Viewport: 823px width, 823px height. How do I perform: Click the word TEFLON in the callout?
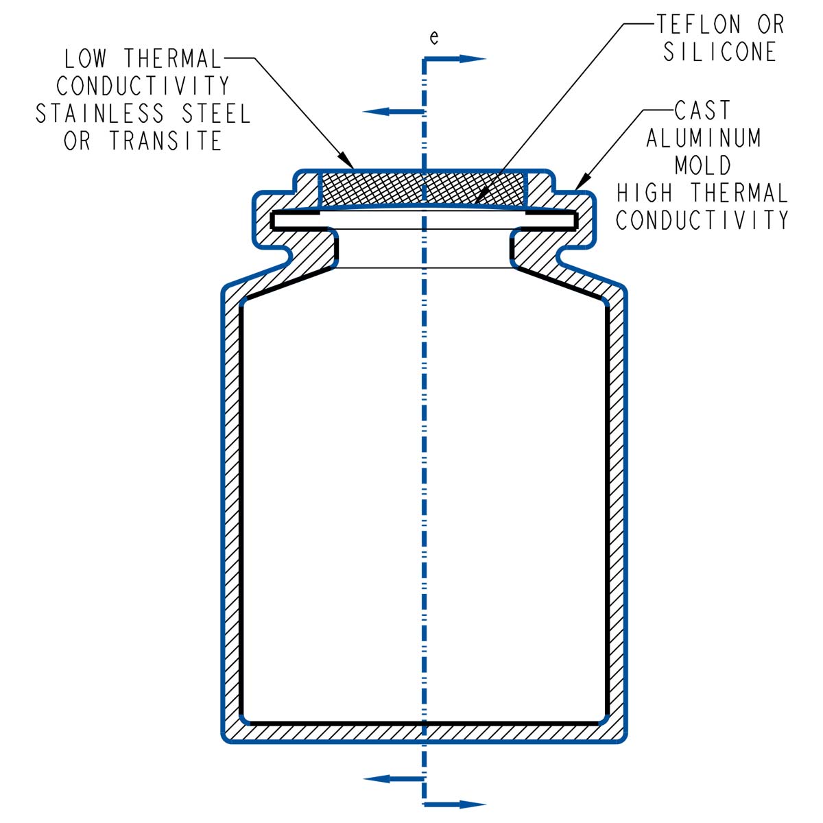pyautogui.click(x=698, y=25)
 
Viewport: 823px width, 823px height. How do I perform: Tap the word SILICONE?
pyautogui.click(x=719, y=52)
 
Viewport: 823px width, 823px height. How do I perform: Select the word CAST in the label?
pyautogui.click(x=702, y=110)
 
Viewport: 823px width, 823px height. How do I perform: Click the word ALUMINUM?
pyautogui.click(x=704, y=138)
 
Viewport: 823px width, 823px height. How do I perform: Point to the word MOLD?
pyautogui.click(x=703, y=165)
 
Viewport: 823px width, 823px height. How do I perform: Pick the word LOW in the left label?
pyautogui.click(x=87, y=59)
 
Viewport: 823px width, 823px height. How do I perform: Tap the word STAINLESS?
pyautogui.click(x=100, y=113)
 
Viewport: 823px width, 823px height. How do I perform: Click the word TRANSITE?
pyautogui.click(x=165, y=141)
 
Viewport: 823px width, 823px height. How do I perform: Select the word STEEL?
pyautogui.click(x=216, y=113)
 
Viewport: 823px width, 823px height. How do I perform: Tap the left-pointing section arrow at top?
pyautogui.click(x=377, y=111)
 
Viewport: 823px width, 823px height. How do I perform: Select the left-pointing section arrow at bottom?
pyautogui.click(x=377, y=778)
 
